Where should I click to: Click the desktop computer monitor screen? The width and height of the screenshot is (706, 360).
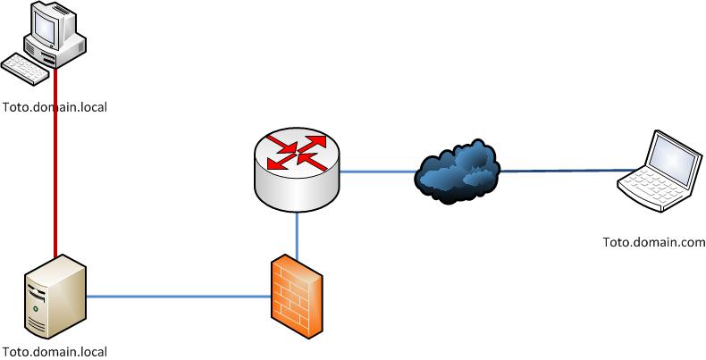pyautogui.click(x=45, y=28)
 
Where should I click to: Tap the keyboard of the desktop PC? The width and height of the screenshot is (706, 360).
pyautogui.click(x=25, y=69)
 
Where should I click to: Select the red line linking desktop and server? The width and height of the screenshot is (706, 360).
pyautogui.click(x=55, y=163)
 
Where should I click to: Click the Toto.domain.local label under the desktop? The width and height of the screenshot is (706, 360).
pyautogui.click(x=55, y=107)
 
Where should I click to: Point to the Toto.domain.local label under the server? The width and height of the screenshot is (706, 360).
pyautogui.click(x=55, y=351)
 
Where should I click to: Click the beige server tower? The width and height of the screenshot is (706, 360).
pyautogui.click(x=55, y=296)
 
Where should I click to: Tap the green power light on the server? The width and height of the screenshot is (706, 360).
pyautogui.click(x=35, y=309)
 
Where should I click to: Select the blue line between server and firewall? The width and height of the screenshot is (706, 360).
pyautogui.click(x=179, y=296)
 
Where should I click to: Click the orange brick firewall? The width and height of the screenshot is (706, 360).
pyautogui.click(x=297, y=296)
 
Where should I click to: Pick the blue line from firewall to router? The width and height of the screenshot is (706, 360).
pyautogui.click(x=297, y=236)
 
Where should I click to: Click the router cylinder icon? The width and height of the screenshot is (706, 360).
pyautogui.click(x=297, y=170)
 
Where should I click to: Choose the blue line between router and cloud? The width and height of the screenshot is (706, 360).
pyautogui.click(x=377, y=172)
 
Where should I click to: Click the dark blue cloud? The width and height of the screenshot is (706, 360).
pyautogui.click(x=457, y=172)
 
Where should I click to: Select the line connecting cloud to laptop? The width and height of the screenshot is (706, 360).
pyautogui.click(x=568, y=171)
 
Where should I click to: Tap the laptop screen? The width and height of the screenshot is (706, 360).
pyautogui.click(x=673, y=161)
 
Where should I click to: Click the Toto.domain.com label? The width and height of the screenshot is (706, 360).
pyautogui.click(x=654, y=242)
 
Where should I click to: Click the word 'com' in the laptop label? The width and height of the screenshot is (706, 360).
pyautogui.click(x=693, y=243)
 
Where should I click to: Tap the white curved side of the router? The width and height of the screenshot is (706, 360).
pyautogui.click(x=297, y=194)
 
